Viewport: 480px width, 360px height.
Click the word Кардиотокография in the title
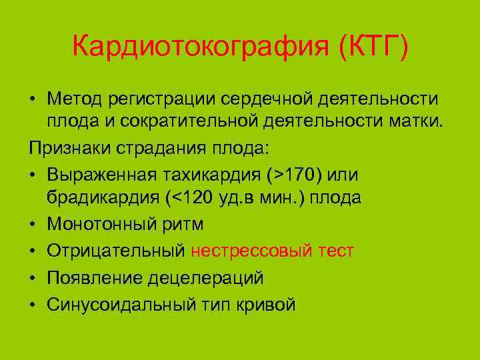pos(200,47)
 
